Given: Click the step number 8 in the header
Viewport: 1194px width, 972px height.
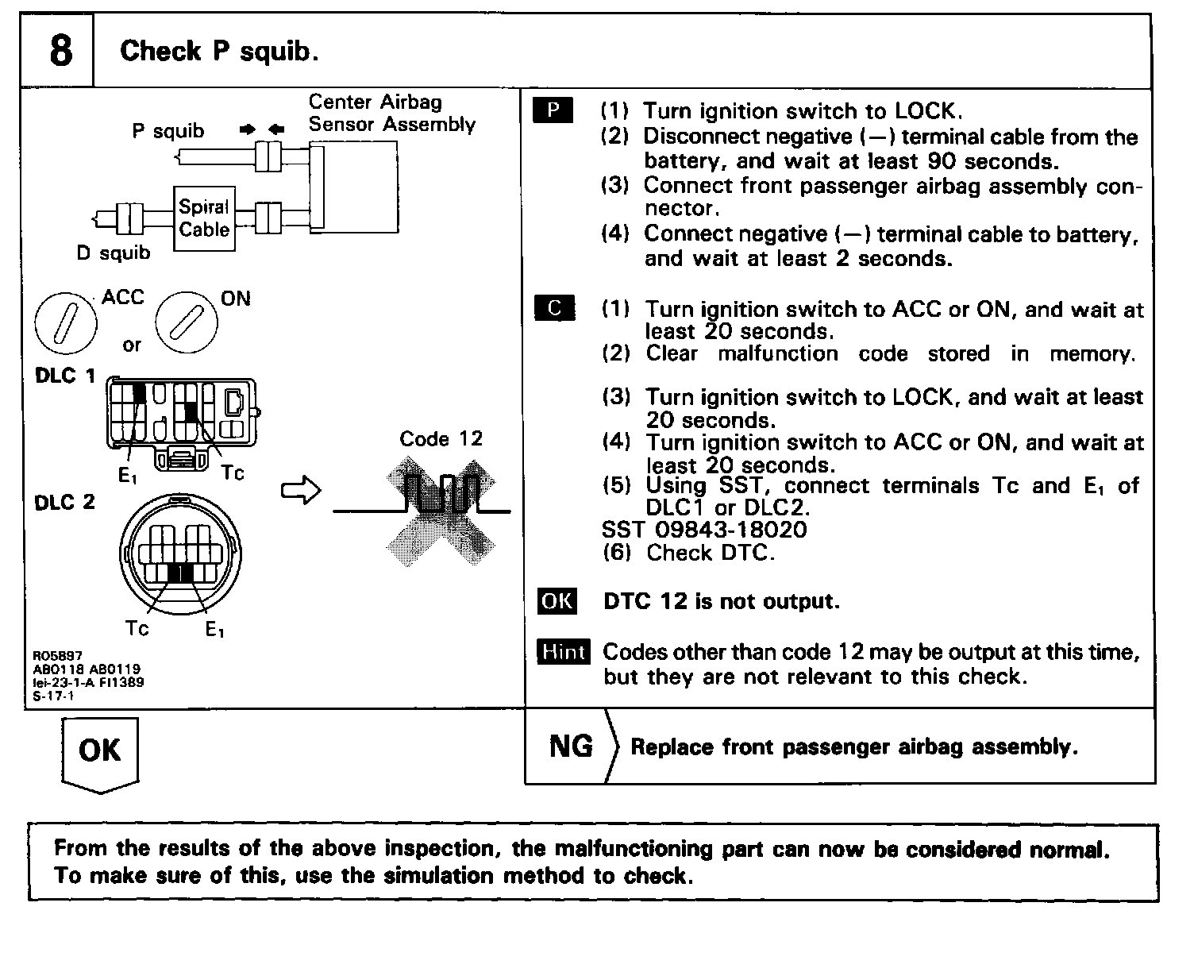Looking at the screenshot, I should pyautogui.click(x=60, y=51).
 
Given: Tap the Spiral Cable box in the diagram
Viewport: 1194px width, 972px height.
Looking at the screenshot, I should pyautogui.click(x=204, y=218).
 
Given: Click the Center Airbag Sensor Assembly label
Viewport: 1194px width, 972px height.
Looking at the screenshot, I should pyautogui.click(x=391, y=113).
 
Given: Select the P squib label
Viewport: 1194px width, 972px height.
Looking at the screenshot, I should pyautogui.click(x=168, y=131).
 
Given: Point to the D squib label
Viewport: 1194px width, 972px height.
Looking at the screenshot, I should pyautogui.click(x=113, y=253).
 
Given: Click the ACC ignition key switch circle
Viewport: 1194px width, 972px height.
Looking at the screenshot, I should pyautogui.click(x=66, y=324).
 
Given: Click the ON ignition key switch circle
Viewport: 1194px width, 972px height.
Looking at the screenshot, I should pyautogui.click(x=186, y=324).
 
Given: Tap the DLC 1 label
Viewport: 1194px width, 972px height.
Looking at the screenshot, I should pyautogui.click(x=65, y=376).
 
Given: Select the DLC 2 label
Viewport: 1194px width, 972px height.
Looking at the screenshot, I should pyautogui.click(x=65, y=502).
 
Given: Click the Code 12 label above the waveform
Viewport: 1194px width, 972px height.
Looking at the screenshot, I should pyautogui.click(x=441, y=438).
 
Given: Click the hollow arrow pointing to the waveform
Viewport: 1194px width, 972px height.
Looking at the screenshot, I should pyautogui.click(x=301, y=491).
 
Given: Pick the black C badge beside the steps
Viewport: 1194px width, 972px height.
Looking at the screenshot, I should pyautogui.click(x=554, y=308).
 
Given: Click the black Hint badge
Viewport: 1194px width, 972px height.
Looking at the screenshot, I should pyautogui.click(x=563, y=652).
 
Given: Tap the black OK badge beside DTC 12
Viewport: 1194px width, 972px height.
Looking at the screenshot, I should pyautogui.click(x=557, y=600).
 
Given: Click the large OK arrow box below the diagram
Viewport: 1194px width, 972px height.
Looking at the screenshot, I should pyautogui.click(x=100, y=751).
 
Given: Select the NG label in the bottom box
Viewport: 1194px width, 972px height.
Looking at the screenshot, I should pyautogui.click(x=571, y=746).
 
